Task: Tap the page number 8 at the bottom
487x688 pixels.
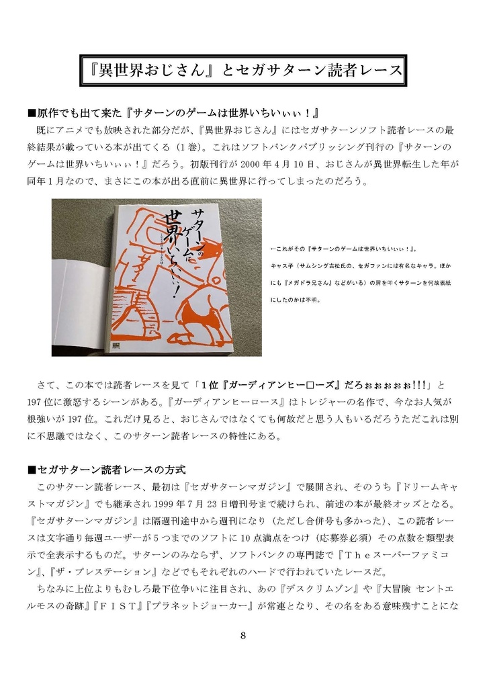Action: (x=243, y=636)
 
